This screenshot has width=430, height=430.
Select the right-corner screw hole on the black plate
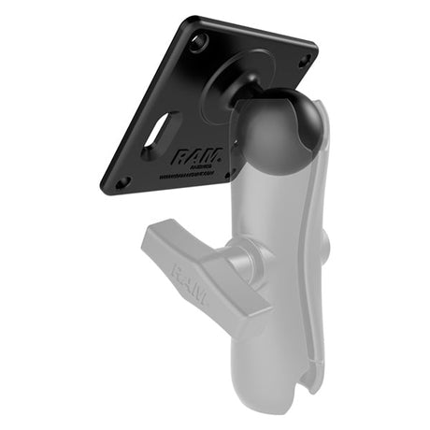pyautogui.click(x=304, y=60)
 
